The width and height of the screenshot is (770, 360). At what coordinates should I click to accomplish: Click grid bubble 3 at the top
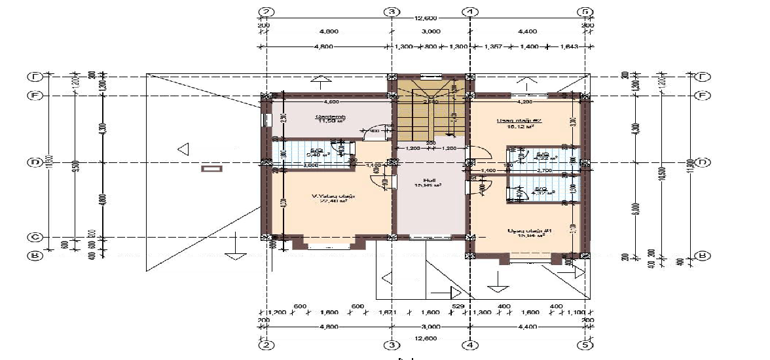click(x=392, y=12)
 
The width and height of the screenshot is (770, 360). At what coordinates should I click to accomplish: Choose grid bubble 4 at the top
click(x=469, y=12)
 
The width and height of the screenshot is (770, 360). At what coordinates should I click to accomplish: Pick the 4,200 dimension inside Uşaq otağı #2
click(x=525, y=102)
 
